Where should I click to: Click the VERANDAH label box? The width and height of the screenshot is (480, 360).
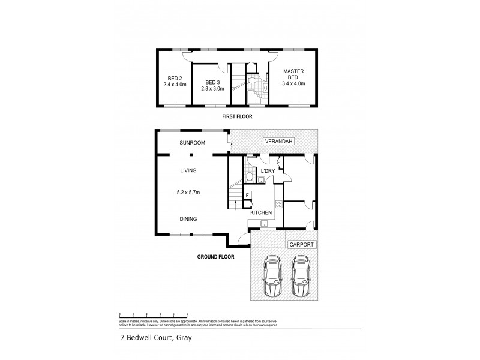click(x=277, y=142)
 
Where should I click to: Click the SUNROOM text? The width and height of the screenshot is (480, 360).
click(x=193, y=143)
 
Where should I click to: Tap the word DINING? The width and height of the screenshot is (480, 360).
click(x=188, y=219)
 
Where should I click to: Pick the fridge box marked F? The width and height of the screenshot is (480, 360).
click(x=247, y=196)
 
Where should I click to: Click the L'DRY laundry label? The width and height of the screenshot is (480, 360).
click(x=267, y=171)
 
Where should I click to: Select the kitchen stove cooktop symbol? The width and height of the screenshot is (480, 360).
click(x=278, y=204)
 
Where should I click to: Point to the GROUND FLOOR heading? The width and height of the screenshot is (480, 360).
click(x=215, y=256)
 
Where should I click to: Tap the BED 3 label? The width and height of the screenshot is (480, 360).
click(x=213, y=82)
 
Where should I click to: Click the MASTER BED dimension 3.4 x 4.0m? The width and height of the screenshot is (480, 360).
click(x=293, y=83)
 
